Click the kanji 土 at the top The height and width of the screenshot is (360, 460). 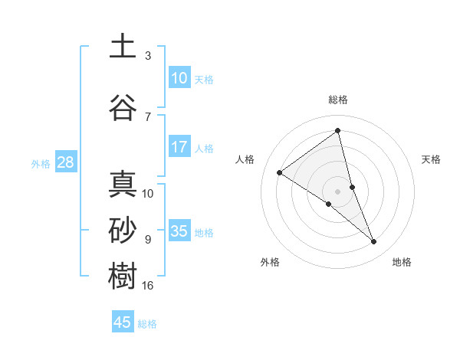pos(123,47)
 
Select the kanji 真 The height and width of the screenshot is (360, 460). pos(123,185)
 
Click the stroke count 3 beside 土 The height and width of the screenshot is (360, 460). pos(148,56)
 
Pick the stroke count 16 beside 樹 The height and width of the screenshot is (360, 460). pos(148,286)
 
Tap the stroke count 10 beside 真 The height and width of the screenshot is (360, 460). pos(148,194)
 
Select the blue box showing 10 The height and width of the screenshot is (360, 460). pos(179,78)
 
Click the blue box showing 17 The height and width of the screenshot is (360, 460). pos(179,147)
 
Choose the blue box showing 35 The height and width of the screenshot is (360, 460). pos(179,231)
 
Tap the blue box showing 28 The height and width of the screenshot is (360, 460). pos(65,162)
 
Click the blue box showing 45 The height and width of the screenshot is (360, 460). pos(123,322)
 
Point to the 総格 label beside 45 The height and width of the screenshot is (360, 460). pos(147,324)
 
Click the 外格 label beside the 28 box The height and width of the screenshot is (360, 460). pos(41,163)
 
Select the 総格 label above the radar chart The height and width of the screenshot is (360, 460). pos(338,100)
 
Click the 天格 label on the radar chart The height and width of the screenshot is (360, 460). pos(432,159)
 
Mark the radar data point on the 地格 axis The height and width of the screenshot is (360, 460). pos(374,242)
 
